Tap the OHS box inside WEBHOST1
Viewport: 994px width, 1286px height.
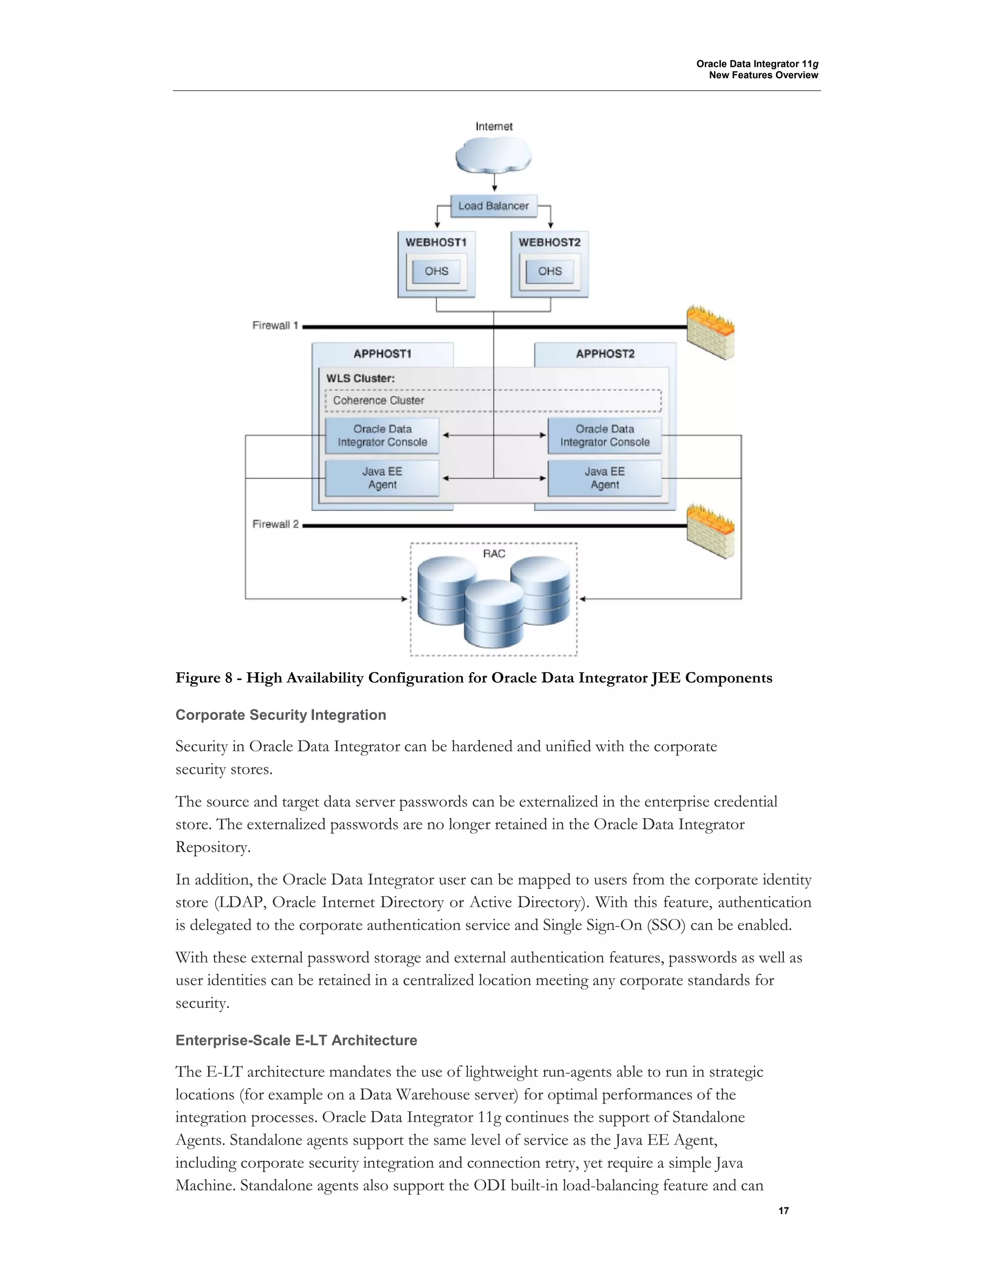click(x=436, y=271)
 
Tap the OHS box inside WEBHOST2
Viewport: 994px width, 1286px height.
click(x=549, y=271)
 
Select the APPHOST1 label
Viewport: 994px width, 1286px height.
click(x=382, y=354)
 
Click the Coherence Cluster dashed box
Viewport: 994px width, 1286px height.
click(x=493, y=400)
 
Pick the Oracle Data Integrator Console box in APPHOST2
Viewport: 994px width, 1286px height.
click(x=605, y=436)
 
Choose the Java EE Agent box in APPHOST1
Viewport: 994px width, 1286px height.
click(x=382, y=478)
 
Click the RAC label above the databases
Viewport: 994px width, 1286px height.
click(x=494, y=554)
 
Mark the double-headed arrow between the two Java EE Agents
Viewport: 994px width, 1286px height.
click(x=494, y=478)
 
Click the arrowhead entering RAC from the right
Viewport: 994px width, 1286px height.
click(x=582, y=599)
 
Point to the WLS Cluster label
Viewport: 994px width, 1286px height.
click(x=361, y=379)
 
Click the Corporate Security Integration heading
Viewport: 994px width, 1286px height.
click(x=281, y=715)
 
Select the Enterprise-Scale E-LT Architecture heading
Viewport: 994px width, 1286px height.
click(x=296, y=1040)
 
